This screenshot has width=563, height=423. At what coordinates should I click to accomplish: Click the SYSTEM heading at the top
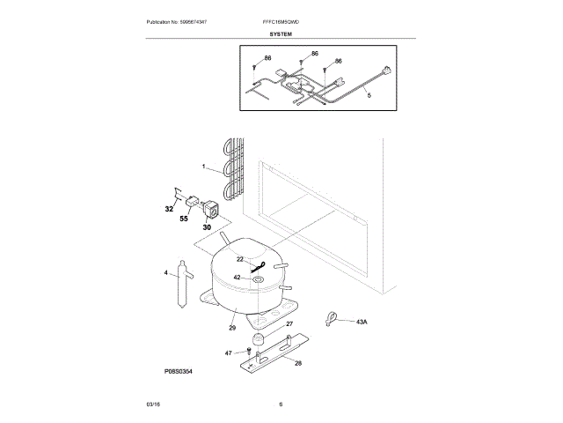pyautogui.click(x=281, y=33)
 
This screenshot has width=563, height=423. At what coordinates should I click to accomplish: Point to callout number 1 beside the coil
pyautogui.click(x=203, y=166)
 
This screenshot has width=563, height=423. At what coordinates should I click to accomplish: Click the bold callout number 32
pyautogui.click(x=169, y=210)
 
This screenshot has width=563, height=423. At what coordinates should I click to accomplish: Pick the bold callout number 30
pyautogui.click(x=208, y=226)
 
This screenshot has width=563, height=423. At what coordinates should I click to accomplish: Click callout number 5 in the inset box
pyautogui.click(x=369, y=94)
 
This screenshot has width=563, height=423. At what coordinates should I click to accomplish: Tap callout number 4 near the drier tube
pyautogui.click(x=165, y=273)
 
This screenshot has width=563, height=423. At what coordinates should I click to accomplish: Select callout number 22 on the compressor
pyautogui.click(x=239, y=259)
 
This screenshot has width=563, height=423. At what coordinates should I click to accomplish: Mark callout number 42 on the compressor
pyautogui.click(x=237, y=277)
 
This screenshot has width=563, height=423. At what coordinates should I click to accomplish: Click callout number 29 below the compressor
pyautogui.click(x=233, y=328)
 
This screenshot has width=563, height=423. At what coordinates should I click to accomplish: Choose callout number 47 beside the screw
pyautogui.click(x=228, y=352)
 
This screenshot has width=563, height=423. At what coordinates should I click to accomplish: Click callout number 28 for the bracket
pyautogui.click(x=298, y=363)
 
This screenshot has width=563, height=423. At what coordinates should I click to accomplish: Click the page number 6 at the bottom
pyautogui.click(x=281, y=404)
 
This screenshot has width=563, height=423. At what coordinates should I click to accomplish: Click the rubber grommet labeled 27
pyautogui.click(x=258, y=338)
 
